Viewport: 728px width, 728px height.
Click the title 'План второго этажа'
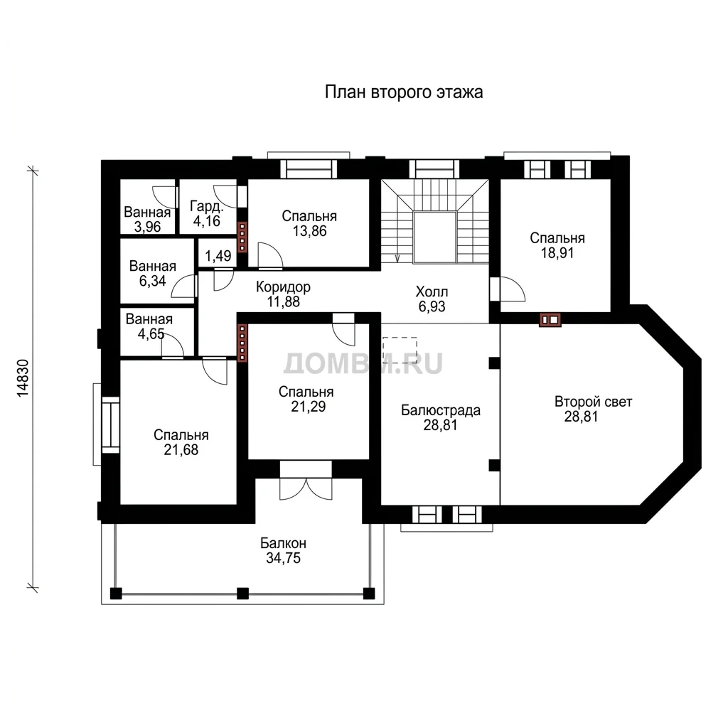coord(404,92)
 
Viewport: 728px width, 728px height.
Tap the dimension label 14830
coord(23,378)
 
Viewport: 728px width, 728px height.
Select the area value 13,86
coord(310,231)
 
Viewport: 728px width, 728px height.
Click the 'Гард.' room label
coord(207,206)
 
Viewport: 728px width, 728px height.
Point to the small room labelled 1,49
coord(218,256)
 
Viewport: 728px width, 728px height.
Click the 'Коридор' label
coord(283,287)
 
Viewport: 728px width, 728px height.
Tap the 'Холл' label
coord(432,292)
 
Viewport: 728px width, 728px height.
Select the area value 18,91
coord(557,253)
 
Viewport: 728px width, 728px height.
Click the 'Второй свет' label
coord(594,402)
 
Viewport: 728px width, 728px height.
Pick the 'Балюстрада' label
coord(441,410)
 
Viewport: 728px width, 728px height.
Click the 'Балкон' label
coord(283,543)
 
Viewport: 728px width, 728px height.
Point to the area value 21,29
coord(309,407)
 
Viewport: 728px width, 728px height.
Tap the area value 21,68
coord(181,450)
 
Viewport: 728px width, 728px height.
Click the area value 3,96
coord(148,227)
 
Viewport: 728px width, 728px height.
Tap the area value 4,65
coord(151,334)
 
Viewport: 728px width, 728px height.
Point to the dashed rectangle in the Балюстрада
coord(400,350)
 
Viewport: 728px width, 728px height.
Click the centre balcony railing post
coord(243,594)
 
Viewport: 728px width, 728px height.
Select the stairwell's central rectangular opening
coord(434,237)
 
